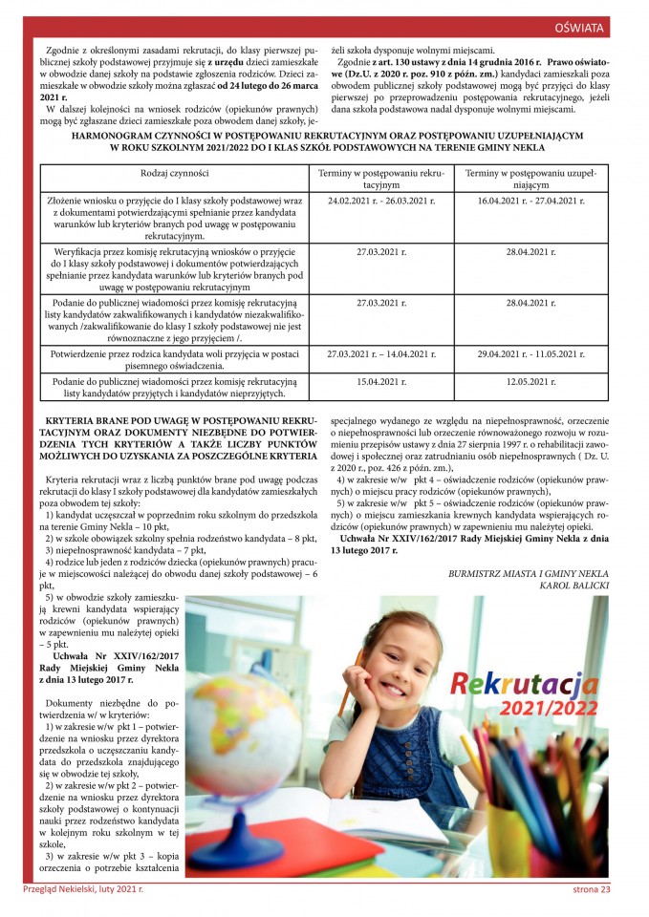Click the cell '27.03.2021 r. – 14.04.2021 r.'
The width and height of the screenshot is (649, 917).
(x=380, y=354)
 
